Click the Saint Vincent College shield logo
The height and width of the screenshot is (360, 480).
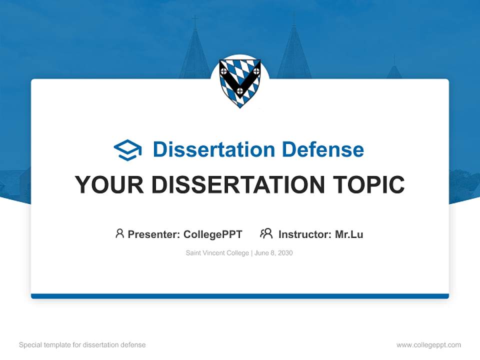[240, 82]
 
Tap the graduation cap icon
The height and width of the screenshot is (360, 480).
[127, 150]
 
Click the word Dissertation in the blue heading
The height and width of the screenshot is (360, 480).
[213, 149]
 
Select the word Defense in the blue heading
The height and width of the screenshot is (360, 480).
[322, 149]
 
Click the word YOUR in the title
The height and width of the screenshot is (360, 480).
[109, 185]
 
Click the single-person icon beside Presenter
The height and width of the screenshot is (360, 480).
[119, 233]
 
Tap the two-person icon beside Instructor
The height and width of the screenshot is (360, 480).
[266, 233]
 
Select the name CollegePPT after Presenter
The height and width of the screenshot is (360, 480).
[213, 234]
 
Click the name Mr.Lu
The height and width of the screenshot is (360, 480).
[349, 234]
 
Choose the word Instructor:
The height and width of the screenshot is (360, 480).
[305, 234]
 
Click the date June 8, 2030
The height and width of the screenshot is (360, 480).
[273, 253]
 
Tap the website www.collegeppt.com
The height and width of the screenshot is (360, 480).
[428, 345]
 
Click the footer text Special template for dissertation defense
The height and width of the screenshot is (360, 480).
[82, 345]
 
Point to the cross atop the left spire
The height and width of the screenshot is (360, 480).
[194, 21]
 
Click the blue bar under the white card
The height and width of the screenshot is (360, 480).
[240, 296]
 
